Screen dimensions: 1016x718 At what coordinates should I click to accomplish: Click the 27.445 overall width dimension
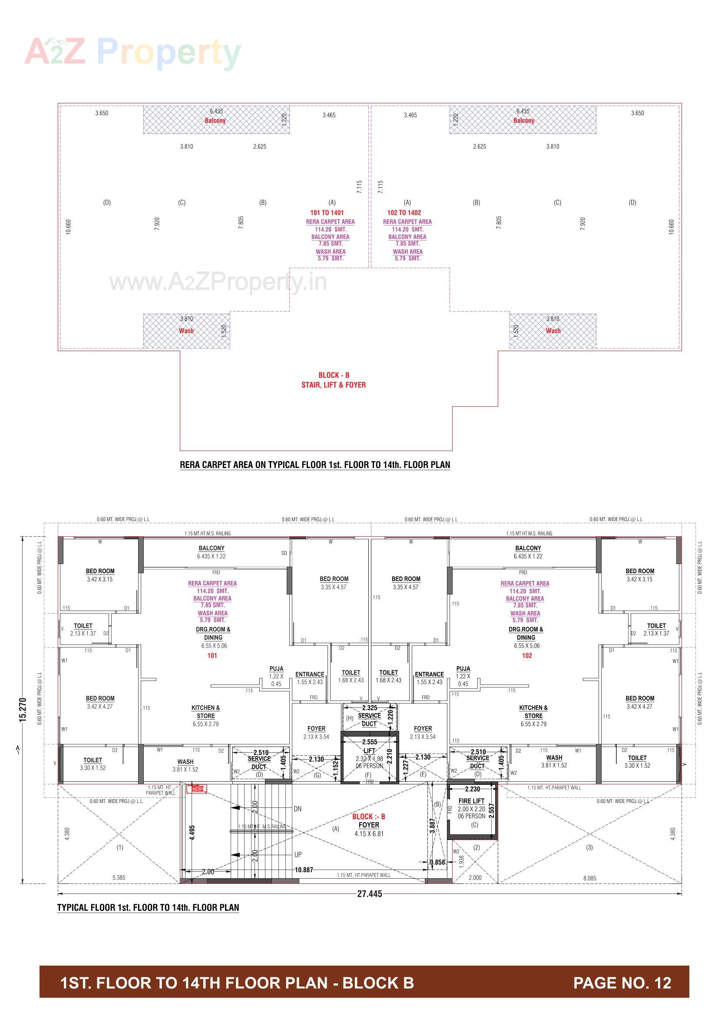pos(369,893)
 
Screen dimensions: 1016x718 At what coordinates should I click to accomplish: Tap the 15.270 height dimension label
pos(23,710)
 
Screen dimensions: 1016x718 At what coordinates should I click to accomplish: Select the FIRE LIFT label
pos(471,800)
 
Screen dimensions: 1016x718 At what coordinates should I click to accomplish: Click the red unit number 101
pos(212,655)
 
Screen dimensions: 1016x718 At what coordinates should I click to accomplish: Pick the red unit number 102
pos(526,655)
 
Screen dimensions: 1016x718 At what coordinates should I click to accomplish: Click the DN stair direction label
pos(297,808)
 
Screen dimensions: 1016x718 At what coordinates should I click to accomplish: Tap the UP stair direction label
pos(298,854)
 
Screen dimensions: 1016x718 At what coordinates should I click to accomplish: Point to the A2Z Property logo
pos(133,53)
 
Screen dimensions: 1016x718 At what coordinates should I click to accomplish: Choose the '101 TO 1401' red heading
pos(327,212)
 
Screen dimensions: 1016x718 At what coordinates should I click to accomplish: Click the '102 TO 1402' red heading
pos(404,212)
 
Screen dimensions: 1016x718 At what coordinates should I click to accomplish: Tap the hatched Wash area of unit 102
pos(553,331)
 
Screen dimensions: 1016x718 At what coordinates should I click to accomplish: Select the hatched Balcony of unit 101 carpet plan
pos(215,120)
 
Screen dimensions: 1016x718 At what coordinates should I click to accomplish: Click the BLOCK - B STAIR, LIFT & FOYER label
pos(334,380)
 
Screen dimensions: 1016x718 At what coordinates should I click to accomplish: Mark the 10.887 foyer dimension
pos(304,870)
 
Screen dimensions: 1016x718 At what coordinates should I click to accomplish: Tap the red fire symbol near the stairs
pos(196,788)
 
